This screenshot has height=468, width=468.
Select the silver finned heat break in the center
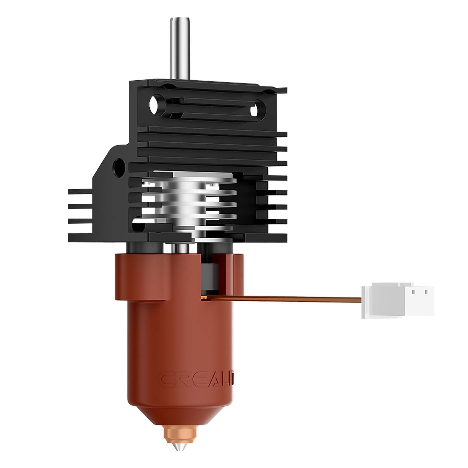tap(189, 202)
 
